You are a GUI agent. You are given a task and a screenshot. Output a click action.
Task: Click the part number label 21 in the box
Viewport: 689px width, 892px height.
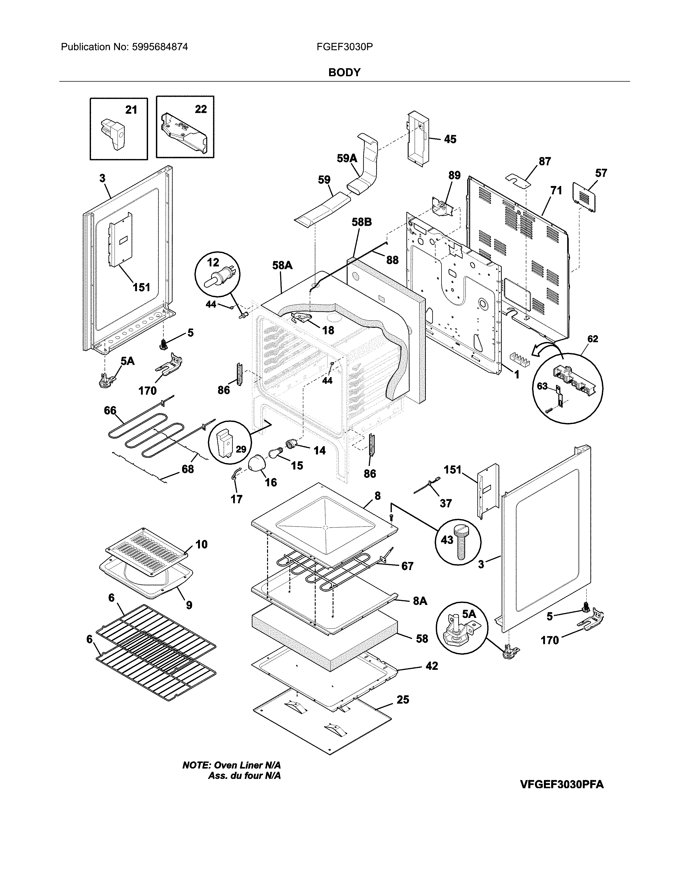click(x=131, y=109)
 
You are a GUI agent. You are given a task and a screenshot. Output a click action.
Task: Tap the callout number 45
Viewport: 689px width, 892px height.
click(x=450, y=139)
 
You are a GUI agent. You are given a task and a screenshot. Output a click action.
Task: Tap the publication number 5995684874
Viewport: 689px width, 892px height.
click(x=160, y=47)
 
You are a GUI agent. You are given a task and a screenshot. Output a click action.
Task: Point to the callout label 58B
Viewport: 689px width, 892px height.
click(x=362, y=222)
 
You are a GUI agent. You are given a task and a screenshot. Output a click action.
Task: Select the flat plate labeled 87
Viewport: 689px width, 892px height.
click(x=518, y=180)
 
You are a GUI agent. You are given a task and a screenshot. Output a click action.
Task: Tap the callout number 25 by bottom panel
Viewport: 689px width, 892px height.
click(x=403, y=699)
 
